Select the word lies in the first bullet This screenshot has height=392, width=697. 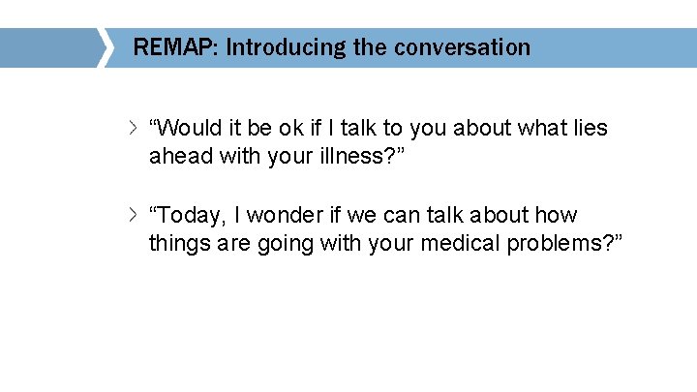pos(589,128)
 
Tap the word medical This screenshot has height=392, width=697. pos(461,243)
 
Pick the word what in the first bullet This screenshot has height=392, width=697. pos(538,128)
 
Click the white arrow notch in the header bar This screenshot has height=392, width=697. pos(105,46)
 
